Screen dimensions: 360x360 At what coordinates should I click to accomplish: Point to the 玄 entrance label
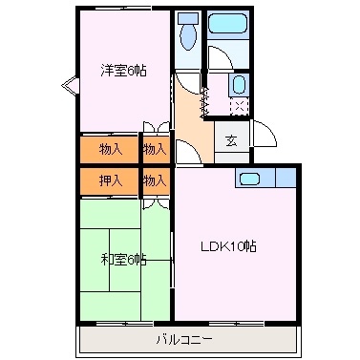tap(231, 140)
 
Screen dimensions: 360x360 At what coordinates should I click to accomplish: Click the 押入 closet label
tap(110, 179)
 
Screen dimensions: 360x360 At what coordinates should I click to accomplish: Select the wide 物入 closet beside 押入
tap(110, 148)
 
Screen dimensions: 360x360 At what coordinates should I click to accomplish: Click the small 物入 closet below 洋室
tap(156, 148)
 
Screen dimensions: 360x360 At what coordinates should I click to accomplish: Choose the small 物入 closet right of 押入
tap(156, 179)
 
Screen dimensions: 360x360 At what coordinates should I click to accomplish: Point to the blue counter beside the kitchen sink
tap(283, 178)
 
